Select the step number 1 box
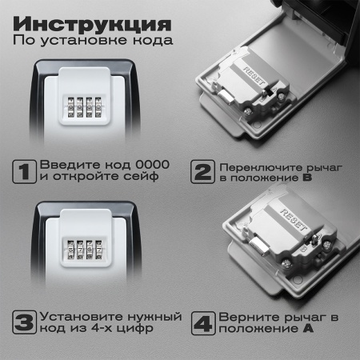click(25, 170)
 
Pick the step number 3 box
click(25, 323)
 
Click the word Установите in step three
click(78, 317)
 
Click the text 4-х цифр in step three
click(137, 330)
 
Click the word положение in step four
click(253, 330)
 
